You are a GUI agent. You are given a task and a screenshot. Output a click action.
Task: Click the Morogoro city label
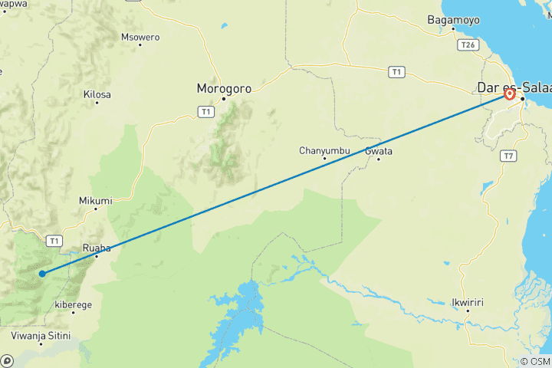tap(224, 88)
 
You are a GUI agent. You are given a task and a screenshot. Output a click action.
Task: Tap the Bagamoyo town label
tap(452, 19)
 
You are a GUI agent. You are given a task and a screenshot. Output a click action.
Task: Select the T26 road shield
tap(468, 45)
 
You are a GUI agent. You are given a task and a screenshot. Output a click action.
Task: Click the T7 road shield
tap(508, 156)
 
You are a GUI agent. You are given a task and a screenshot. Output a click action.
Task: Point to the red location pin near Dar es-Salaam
tap(509, 94)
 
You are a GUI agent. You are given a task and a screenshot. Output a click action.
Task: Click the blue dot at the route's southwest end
tap(42, 273)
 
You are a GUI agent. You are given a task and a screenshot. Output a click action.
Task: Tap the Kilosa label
tap(97, 94)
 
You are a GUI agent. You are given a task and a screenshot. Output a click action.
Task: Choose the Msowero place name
tap(140, 37)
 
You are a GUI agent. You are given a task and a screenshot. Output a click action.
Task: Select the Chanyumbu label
tap(324, 150)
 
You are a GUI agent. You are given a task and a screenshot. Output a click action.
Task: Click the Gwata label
tap(379, 151)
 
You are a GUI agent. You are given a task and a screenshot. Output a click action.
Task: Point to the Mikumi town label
tap(95, 201)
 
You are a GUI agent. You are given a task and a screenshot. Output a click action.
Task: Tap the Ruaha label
tap(97, 248)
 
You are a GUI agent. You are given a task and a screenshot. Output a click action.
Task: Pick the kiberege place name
tap(74, 304)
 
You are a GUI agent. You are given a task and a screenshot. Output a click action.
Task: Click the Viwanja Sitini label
tap(41, 336)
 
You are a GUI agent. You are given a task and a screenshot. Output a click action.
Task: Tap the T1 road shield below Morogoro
tap(205, 112)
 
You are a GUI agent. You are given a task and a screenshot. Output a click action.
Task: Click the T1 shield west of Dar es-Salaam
tap(396, 72)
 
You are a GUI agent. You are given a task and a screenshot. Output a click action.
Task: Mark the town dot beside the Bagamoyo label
tap(453, 29)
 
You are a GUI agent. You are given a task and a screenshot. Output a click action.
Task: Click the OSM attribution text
tap(534, 361)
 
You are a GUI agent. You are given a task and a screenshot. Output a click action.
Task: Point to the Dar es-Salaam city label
tap(514, 87)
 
